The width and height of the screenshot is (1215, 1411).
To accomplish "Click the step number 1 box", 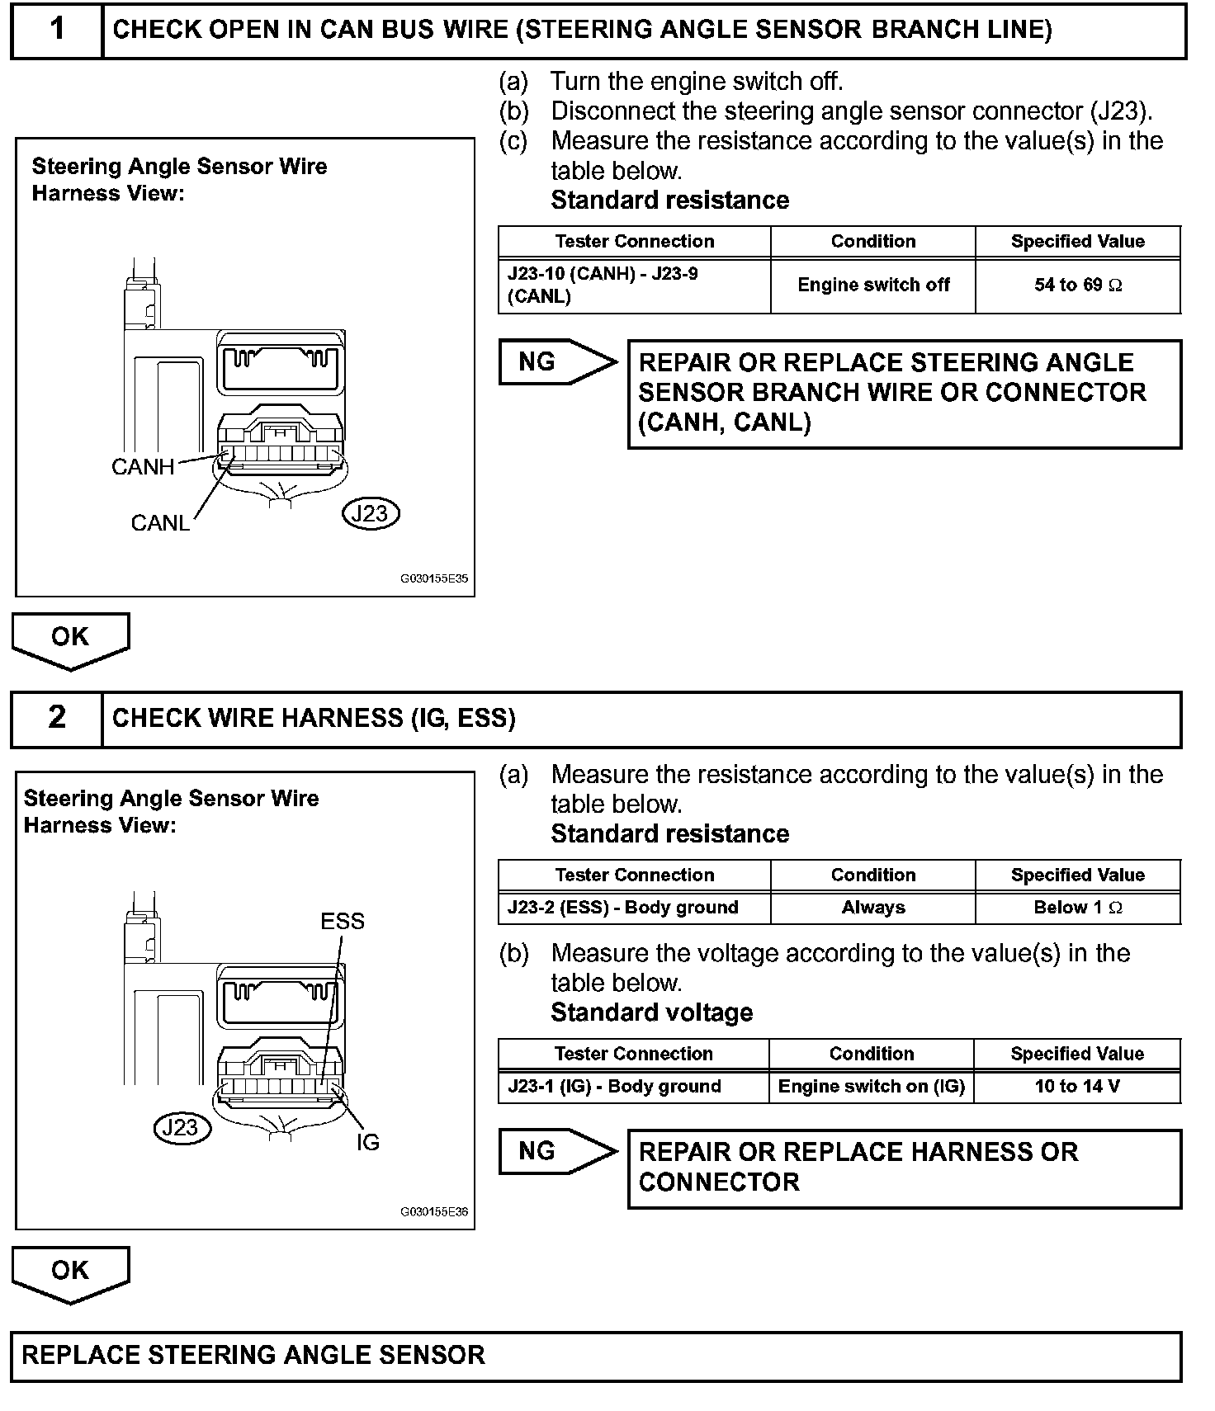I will pyautogui.click(x=56, y=31).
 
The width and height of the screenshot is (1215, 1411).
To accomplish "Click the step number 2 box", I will pyautogui.click(x=56, y=717).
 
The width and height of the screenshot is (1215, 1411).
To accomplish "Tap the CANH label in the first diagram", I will pyautogui.click(x=143, y=467).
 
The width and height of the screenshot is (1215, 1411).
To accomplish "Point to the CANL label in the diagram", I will pyautogui.click(x=160, y=523).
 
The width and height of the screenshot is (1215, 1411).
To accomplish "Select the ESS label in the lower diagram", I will pyautogui.click(x=343, y=921).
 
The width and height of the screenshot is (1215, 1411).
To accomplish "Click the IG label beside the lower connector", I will pyautogui.click(x=367, y=1142).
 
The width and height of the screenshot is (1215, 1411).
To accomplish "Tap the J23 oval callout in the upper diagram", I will pyautogui.click(x=370, y=513).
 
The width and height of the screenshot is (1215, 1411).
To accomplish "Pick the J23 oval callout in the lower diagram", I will pyautogui.click(x=182, y=1127).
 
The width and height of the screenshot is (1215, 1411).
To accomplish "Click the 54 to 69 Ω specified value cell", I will pyautogui.click(x=1077, y=286).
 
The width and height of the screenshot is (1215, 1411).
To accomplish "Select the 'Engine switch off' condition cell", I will pyautogui.click(x=873, y=286).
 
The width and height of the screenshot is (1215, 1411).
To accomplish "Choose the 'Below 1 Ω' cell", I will pyautogui.click(x=1077, y=908).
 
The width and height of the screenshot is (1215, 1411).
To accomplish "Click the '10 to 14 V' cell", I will pyautogui.click(x=1077, y=1087).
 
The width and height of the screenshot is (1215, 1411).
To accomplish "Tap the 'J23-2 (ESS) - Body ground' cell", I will pyautogui.click(x=623, y=908).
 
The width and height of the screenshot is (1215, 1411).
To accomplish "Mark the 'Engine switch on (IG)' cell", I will pyautogui.click(x=872, y=1087).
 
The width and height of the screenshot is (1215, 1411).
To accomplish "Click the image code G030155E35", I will pyautogui.click(x=434, y=578).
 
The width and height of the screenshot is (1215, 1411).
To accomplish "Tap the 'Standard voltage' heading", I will pyautogui.click(x=652, y=1012).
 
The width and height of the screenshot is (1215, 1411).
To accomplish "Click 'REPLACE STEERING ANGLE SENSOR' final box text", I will pyautogui.click(x=253, y=1356).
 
